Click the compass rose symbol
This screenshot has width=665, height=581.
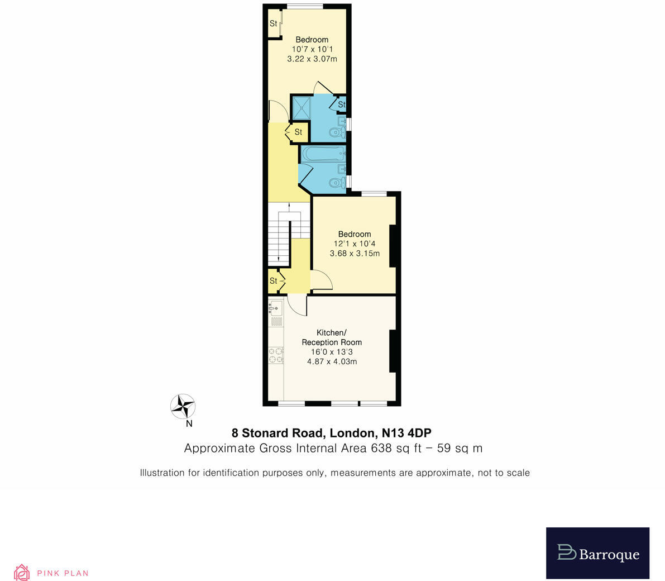point(183,406)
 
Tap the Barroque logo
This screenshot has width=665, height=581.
point(598,553)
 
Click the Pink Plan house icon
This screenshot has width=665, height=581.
point(21,572)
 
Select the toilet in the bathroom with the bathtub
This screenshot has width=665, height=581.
point(337,182)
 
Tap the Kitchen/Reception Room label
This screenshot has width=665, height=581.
point(332,337)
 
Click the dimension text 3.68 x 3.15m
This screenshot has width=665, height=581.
point(355,253)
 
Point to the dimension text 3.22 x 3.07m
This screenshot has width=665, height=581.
point(312,59)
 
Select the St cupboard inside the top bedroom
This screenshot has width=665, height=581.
point(274,23)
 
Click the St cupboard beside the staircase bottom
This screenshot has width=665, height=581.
point(274,281)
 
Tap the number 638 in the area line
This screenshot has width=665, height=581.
point(382,448)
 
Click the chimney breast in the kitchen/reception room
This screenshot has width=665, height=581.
point(393,351)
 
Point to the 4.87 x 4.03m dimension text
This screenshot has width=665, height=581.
point(332,361)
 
